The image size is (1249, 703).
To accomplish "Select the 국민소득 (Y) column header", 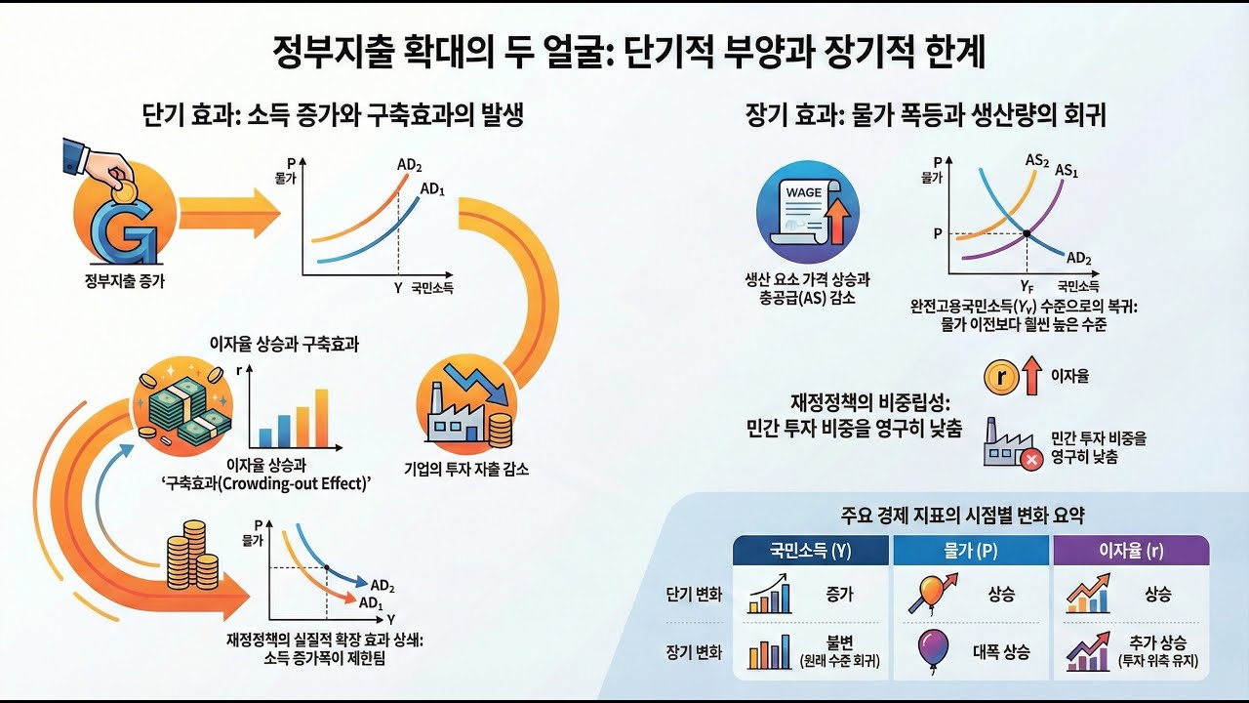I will point(812,550).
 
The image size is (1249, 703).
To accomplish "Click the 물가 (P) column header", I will point(972,550).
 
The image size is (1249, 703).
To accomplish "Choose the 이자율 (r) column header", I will point(1131,550).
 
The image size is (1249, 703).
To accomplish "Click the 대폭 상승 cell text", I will point(1000,651).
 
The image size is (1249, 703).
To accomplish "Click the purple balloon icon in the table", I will point(934,648).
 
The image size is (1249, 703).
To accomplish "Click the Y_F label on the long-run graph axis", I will point(1027,286).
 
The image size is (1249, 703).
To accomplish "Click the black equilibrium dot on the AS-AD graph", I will point(1027,233).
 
